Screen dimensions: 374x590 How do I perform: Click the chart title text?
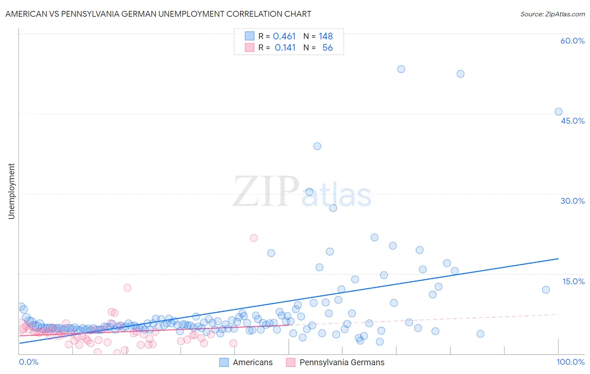(x=158, y=14)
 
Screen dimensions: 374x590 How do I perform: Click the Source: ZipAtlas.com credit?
(x=552, y=14)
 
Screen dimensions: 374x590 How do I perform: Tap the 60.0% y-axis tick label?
(x=572, y=41)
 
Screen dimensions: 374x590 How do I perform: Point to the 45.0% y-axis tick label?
(x=572, y=121)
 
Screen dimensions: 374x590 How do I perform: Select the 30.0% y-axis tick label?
(x=572, y=201)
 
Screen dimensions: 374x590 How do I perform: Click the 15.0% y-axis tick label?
(x=573, y=281)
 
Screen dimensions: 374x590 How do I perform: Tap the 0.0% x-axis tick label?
(x=29, y=362)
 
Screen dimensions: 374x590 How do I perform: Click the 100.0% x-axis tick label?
(x=570, y=362)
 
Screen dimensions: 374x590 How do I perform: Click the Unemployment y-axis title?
(x=11, y=191)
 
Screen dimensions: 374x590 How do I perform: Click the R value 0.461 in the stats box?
(x=284, y=36)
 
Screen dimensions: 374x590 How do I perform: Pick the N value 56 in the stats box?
(x=327, y=48)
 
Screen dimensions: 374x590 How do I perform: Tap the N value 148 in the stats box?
(x=326, y=36)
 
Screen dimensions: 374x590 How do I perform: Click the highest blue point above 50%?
(x=401, y=69)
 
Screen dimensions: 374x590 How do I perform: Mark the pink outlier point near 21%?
(x=254, y=238)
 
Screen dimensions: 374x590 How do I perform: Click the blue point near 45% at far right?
(x=559, y=112)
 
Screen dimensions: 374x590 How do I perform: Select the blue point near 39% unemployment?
(x=317, y=146)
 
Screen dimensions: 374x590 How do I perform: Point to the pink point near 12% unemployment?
(x=128, y=288)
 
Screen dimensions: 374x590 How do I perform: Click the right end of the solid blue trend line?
(x=559, y=259)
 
